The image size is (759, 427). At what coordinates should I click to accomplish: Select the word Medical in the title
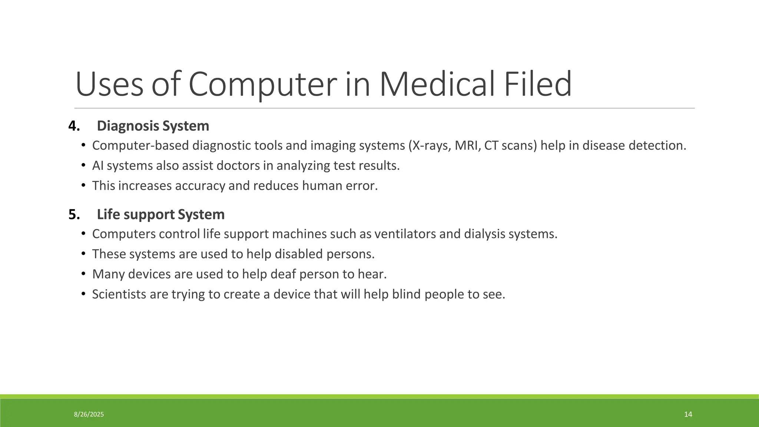[437, 84]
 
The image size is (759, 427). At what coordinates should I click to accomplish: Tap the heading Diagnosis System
[153, 126]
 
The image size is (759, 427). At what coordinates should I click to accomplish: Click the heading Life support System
[160, 215]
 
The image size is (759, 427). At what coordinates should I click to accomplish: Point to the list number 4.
[74, 126]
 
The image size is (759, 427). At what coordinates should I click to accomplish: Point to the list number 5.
[74, 215]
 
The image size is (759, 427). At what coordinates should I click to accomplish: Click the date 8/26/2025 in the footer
[89, 414]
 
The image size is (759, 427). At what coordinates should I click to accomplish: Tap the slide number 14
[688, 414]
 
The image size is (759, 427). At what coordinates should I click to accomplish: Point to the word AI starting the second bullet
[97, 166]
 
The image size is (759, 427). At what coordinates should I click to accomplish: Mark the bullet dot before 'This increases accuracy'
[83, 185]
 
